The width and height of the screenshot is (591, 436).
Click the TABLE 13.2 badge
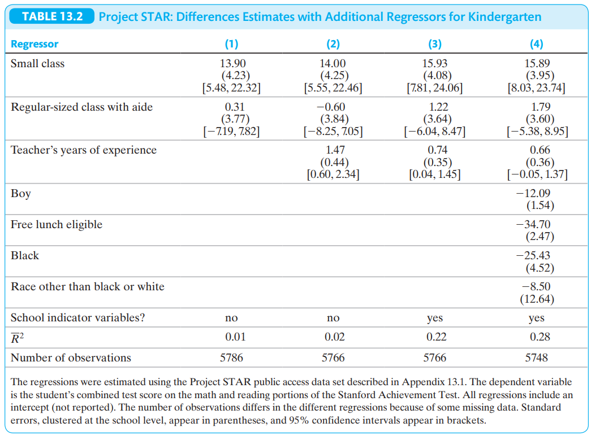[x=51, y=16]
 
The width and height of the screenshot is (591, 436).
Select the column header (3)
[x=434, y=44]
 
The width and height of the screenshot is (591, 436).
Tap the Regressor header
[x=34, y=44]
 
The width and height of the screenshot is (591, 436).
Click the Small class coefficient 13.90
[x=232, y=63]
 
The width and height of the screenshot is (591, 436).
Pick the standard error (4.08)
[x=437, y=75]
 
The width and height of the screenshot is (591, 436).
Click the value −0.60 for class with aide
[x=330, y=107]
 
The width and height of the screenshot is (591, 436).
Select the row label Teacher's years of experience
[x=84, y=150]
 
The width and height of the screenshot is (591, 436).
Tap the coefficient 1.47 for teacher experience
[x=335, y=150]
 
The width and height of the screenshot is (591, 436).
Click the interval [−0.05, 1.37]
[x=537, y=175]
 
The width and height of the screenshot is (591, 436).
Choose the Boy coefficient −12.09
[x=533, y=193]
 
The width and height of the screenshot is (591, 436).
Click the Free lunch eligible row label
[x=57, y=224]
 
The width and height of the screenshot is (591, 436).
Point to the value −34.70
[x=533, y=224]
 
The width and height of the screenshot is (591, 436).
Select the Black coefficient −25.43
[x=533, y=255]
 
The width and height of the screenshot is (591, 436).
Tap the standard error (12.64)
[x=537, y=299]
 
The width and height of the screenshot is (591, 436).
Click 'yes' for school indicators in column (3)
[x=434, y=318]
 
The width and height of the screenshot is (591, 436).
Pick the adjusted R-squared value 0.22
[x=436, y=337]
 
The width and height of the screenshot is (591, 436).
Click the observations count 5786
[x=231, y=357]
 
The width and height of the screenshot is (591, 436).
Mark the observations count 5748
[x=536, y=357]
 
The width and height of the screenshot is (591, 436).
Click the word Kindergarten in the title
[x=504, y=17]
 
